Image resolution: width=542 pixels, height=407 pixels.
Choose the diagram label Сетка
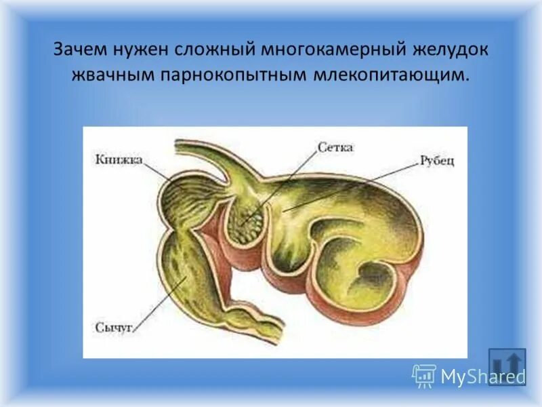click(335, 147)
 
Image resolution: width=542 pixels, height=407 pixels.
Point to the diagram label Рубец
click(436, 161)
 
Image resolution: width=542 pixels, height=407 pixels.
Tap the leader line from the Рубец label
click(352, 187)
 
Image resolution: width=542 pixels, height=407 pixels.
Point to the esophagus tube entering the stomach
click(203, 150)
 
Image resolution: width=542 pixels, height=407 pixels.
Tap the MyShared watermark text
click(483, 375)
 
